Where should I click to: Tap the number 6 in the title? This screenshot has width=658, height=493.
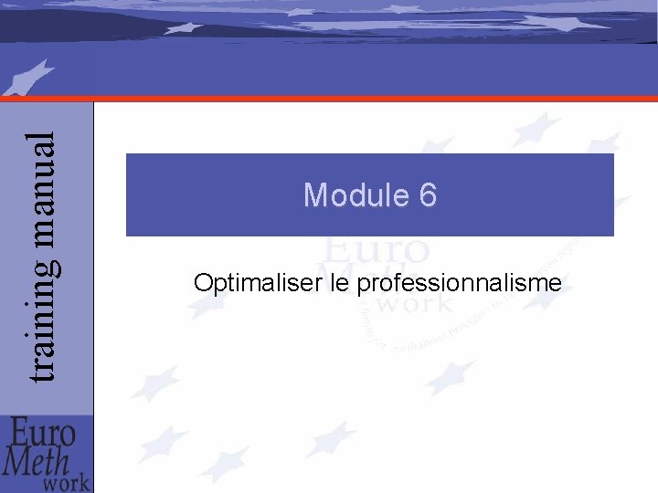(x=427, y=194)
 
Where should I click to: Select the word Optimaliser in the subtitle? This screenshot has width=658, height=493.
(x=254, y=284)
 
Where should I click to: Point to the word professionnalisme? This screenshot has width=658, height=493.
(x=459, y=285)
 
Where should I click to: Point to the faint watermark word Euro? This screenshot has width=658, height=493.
(x=375, y=250)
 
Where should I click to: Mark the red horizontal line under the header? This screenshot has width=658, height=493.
(x=366, y=97)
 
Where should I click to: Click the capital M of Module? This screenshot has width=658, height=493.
(x=315, y=194)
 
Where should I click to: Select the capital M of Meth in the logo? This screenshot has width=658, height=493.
(x=17, y=462)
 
